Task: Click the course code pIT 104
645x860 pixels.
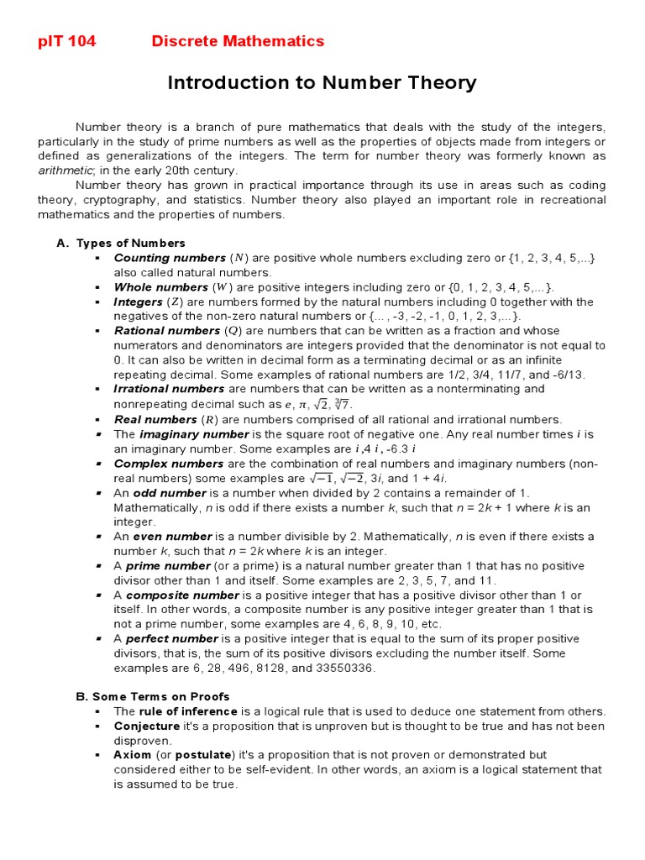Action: [x=67, y=41]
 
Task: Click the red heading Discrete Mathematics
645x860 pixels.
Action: [x=238, y=41]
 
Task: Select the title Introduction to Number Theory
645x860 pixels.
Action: [x=322, y=83]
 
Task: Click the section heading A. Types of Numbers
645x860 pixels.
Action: [x=121, y=244]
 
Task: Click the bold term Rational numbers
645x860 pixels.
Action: [x=166, y=331]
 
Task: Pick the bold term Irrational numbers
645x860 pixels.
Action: [x=169, y=389]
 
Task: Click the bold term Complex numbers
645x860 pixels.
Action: [x=169, y=464]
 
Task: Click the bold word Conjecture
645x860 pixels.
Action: [x=146, y=726]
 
